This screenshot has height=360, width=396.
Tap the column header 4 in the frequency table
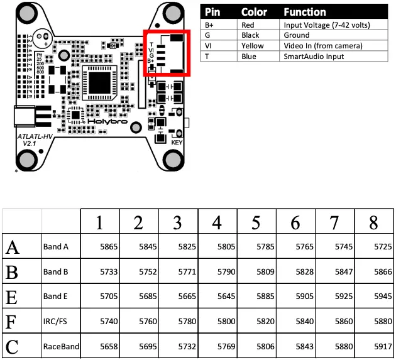point(217,222)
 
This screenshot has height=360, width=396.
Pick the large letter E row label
point(12,297)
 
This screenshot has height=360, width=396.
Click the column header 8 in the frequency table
point(374,222)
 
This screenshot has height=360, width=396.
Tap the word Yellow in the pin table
point(253,46)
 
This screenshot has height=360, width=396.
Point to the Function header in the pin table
point(304,12)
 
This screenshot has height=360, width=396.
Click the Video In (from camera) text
point(322,46)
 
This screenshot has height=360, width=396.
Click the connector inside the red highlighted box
point(172,53)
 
